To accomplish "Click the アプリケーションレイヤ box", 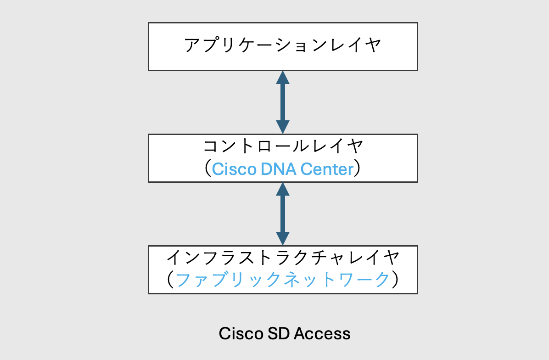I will tap(283, 46).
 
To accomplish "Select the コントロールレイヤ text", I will tap(283, 147).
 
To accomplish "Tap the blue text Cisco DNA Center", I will tap(283, 169).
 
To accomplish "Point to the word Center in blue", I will tap(327, 169).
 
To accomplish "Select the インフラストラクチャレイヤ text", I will tap(283, 258).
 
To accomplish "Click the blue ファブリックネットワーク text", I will tap(283, 280).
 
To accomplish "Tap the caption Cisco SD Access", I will tap(285, 333).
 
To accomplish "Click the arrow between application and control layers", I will tap(283, 102).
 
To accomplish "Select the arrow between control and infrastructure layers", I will tap(283, 214).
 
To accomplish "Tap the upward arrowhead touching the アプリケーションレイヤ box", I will tap(283, 78).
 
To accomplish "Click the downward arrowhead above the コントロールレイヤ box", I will tap(283, 127).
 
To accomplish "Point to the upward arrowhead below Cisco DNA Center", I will tap(283, 189).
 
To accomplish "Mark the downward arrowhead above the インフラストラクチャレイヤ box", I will tap(283, 238).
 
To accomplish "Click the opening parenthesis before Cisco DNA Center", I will tap(207, 169).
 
